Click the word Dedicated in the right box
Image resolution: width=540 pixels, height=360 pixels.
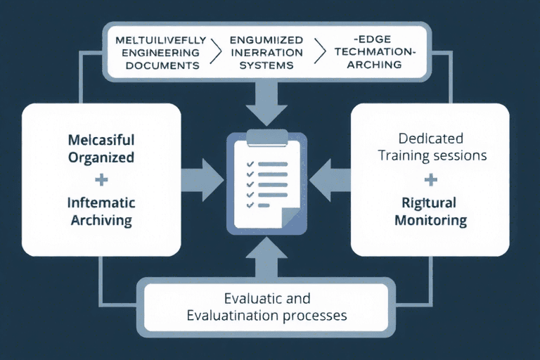[x=430, y=139]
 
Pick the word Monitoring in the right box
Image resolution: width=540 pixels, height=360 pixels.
[x=430, y=220]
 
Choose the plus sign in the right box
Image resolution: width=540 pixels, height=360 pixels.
[x=430, y=181]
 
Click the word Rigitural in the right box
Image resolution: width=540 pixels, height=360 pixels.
[x=430, y=202]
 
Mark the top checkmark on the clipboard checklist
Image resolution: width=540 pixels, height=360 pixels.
[x=247, y=164]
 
